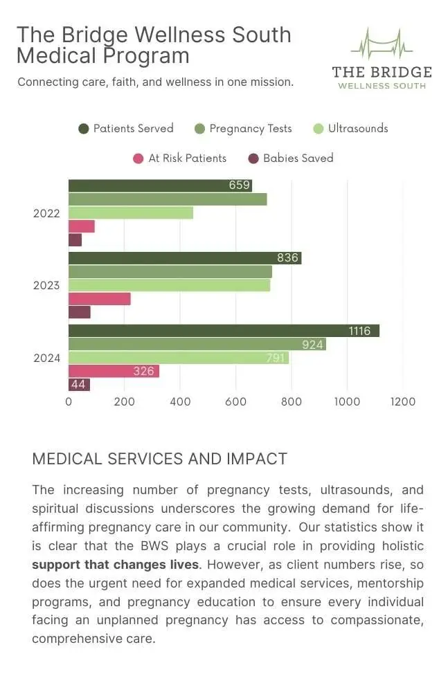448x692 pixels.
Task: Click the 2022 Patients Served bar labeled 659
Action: [160, 185]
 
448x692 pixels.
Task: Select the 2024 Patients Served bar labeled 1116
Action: [224, 331]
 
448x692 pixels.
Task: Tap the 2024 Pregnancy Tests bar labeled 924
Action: [197, 344]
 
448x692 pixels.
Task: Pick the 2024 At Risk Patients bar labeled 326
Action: [114, 371]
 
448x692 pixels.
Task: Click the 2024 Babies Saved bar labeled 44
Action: [79, 384]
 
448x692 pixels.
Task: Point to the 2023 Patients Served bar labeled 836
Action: [184, 258]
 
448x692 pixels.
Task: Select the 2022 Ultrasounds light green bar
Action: [130, 212]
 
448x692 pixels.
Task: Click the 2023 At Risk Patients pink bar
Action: [99, 299]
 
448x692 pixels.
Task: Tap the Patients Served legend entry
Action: [126, 129]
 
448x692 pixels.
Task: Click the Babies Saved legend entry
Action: [291, 158]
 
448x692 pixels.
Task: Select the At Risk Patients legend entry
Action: [179, 158]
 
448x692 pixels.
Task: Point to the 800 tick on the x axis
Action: [292, 402]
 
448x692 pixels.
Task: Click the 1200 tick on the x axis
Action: [402, 402]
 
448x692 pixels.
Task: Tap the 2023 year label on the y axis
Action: [46, 286]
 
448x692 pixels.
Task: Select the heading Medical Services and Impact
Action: [159, 459]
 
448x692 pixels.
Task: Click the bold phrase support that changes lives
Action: [115, 565]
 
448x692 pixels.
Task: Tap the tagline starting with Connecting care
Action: [155, 82]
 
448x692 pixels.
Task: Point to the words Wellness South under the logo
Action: [382, 86]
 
